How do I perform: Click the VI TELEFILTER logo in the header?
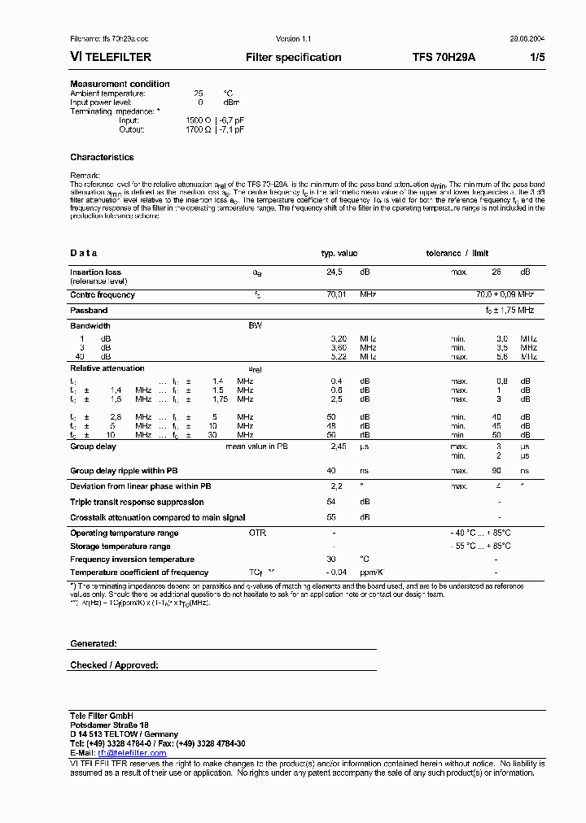click(109, 58)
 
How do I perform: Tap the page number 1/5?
click(538, 58)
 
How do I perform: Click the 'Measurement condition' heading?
click(120, 84)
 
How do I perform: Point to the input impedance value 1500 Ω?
click(198, 120)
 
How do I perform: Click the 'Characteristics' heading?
click(102, 157)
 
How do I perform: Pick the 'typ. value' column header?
click(339, 254)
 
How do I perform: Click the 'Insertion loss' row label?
click(95, 272)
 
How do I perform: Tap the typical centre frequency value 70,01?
click(336, 295)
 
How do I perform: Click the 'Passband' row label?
click(89, 311)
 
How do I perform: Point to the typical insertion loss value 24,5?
click(335, 272)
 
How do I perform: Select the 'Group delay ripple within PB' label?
click(124, 471)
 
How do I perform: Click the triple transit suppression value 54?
click(331, 502)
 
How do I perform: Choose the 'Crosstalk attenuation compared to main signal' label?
click(157, 517)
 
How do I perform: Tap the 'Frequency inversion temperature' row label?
click(132, 560)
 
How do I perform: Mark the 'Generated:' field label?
click(94, 643)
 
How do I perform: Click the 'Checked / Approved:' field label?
click(114, 665)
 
